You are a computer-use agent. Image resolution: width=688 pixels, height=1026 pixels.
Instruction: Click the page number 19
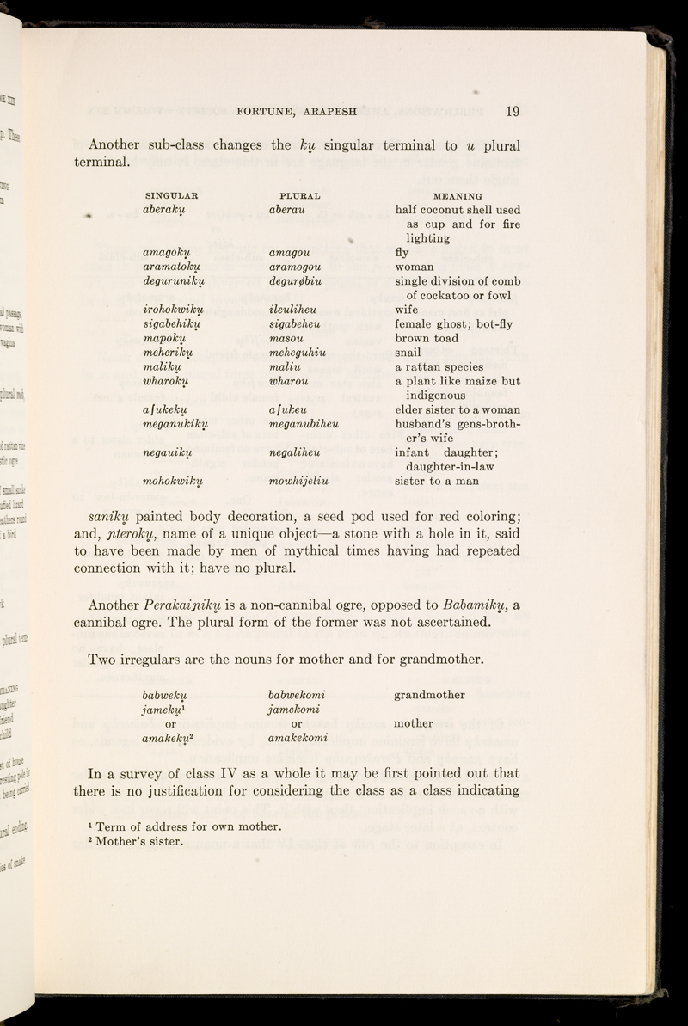[513, 110]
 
